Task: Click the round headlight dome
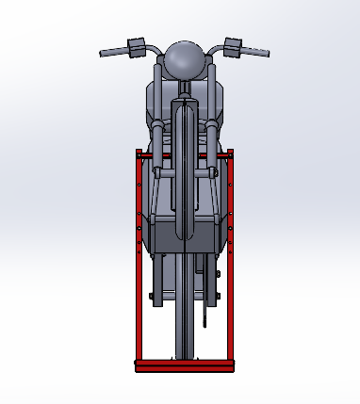[x=184, y=58]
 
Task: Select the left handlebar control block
[x=134, y=46]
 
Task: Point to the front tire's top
[x=185, y=104]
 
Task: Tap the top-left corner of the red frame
[x=139, y=153]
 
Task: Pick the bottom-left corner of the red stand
[x=139, y=366]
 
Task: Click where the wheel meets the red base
[x=183, y=359]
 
